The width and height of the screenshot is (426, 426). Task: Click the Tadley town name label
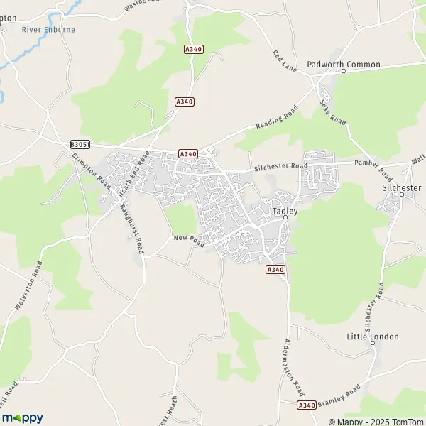coord(285,211)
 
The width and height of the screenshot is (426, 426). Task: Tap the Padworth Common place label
coord(344,65)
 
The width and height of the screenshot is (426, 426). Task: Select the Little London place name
coord(373,337)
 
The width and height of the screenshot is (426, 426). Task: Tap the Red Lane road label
coord(285,61)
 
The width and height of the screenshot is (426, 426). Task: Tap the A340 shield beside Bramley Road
coord(306,405)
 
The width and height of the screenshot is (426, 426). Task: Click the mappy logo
coord(22,417)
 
